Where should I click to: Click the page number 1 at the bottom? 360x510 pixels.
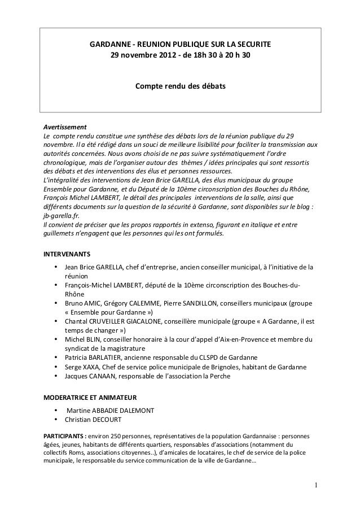[x=317, y=483]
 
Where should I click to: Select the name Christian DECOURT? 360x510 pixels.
[x=92, y=421]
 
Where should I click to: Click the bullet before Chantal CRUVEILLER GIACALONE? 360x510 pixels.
[x=56, y=321]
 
